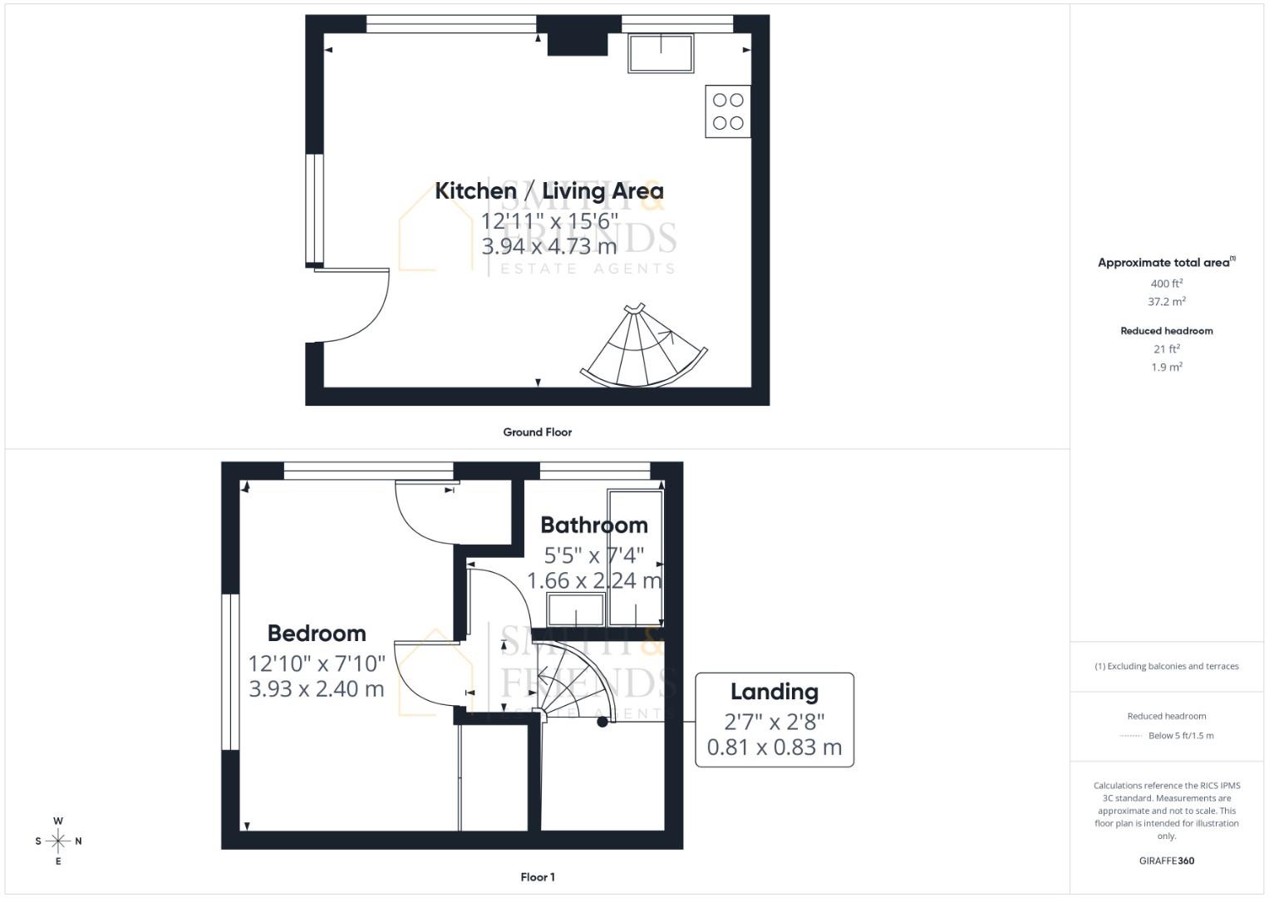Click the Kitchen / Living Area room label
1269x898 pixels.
click(x=548, y=191)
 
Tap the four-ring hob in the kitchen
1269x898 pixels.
click(x=728, y=111)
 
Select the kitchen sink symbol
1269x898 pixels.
click(x=661, y=53)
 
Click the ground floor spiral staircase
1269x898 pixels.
click(x=642, y=350)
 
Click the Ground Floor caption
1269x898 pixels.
click(x=537, y=432)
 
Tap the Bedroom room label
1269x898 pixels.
click(x=317, y=634)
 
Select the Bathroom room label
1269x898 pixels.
click(x=593, y=525)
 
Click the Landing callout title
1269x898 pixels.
click(x=774, y=692)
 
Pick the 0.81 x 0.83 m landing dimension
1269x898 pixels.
click(x=774, y=748)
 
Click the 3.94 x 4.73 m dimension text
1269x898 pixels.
click(x=548, y=247)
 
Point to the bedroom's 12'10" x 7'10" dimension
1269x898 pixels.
click(x=317, y=664)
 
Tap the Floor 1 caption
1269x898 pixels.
click(x=537, y=877)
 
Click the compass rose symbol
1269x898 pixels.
click(x=58, y=841)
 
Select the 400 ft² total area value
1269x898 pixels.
click(x=1166, y=284)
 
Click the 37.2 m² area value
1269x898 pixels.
click(x=1166, y=302)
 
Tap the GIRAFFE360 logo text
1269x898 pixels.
click(x=1166, y=861)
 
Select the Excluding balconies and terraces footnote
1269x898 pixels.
click(x=1166, y=666)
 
